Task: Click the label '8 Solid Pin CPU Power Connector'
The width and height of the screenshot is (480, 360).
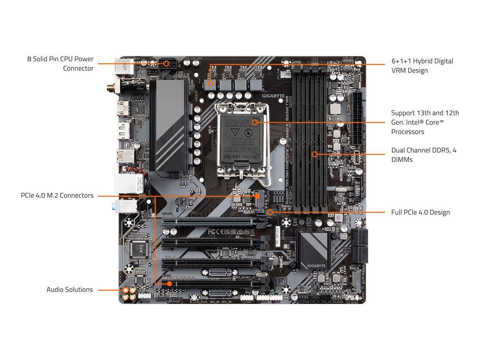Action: [60, 64]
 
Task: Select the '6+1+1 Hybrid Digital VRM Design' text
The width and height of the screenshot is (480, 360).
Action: [422, 66]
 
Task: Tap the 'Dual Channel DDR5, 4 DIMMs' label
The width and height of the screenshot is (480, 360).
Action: [424, 155]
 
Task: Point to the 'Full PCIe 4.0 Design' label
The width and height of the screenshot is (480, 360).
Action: [420, 212]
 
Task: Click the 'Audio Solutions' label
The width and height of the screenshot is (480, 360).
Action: [69, 289]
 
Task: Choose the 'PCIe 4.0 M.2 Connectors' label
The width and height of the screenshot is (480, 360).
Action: [57, 195]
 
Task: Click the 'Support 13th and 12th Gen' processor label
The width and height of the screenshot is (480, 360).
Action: [425, 122]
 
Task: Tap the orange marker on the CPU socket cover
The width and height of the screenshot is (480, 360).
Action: [255, 122]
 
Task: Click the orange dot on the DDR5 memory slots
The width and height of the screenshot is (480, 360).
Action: [315, 154]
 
